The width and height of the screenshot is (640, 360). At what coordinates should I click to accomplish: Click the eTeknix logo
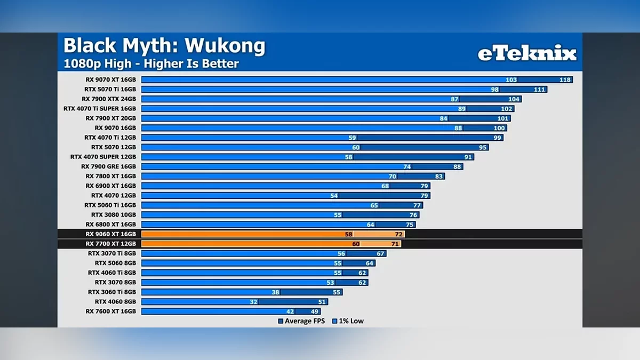526,53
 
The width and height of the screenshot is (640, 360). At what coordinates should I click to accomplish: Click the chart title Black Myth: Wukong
164,46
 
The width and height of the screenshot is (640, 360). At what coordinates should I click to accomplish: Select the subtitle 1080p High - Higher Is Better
151,63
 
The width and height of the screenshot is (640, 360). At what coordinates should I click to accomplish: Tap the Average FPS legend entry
301,321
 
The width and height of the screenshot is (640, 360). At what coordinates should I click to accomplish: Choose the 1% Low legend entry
348,321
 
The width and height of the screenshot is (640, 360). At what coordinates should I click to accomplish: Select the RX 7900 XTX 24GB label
109,99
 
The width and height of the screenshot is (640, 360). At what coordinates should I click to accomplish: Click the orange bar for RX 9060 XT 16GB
245,234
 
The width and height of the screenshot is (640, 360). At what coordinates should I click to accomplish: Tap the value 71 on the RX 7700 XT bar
395,244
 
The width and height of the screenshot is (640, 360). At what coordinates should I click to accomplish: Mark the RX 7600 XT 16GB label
110,311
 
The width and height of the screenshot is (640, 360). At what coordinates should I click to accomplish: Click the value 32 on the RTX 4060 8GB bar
253,302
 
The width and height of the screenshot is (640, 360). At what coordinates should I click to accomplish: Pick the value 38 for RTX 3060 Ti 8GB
275,292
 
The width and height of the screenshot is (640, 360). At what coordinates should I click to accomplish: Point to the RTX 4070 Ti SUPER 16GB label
100,109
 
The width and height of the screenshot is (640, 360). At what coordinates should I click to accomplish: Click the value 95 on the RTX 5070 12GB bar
483,147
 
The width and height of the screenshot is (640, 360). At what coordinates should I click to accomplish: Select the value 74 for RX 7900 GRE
407,166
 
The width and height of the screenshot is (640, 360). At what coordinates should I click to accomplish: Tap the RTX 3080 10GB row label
114,215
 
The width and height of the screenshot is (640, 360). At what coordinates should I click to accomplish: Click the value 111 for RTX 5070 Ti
540,90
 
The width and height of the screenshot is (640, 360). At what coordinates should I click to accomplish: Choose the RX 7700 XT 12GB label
110,244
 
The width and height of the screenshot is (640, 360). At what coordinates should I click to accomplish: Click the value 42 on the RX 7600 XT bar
290,311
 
